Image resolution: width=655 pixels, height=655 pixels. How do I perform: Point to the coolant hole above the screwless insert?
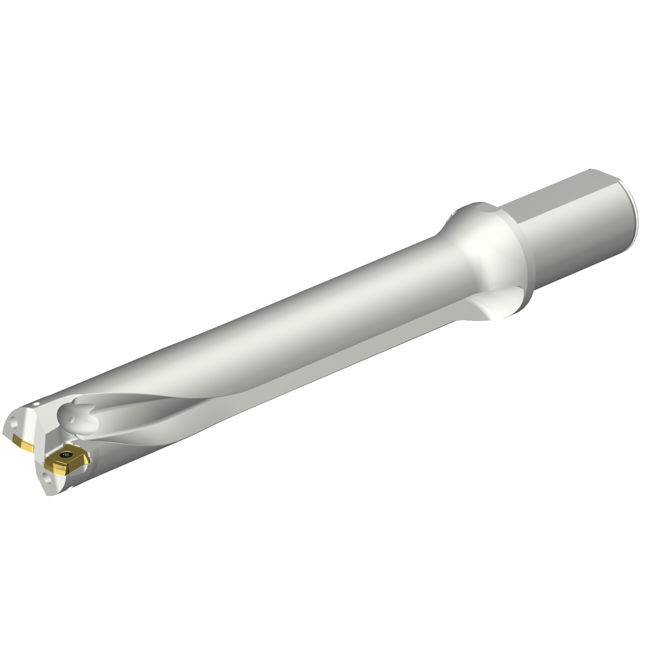[x=14, y=423]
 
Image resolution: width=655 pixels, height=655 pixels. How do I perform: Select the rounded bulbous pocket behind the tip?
[x=79, y=415]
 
